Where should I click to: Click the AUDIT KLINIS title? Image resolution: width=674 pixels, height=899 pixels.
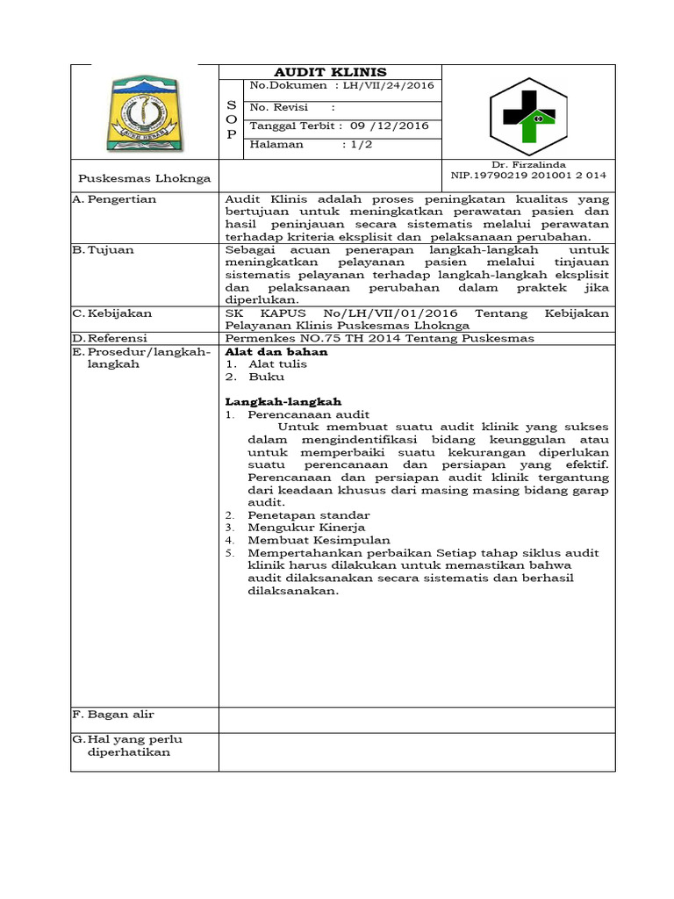point(331,72)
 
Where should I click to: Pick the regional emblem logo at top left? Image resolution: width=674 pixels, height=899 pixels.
point(144,112)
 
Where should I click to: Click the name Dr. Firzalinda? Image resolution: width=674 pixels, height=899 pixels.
point(528,165)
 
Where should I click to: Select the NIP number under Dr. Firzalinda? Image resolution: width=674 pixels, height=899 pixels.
point(528,176)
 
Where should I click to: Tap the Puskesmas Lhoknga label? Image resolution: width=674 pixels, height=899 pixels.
point(145,178)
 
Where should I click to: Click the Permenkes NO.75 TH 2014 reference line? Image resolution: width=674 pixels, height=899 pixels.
point(380,338)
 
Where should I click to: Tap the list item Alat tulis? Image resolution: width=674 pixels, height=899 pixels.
point(274,364)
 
